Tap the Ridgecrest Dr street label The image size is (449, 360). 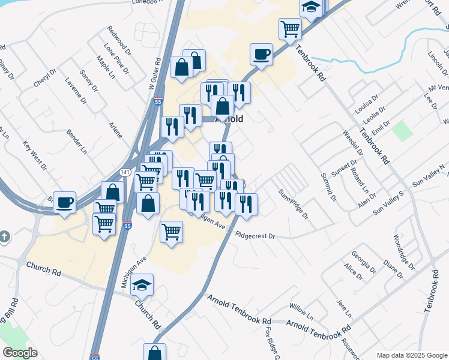coord(255,236)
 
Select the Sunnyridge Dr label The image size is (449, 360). coord(292,204)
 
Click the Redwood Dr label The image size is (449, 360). coord(118,38)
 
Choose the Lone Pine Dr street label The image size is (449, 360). coord(116,58)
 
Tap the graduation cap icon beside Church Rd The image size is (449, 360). coord(142,286)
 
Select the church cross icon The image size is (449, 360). coord(5,237)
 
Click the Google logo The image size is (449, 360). coord(20,352)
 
